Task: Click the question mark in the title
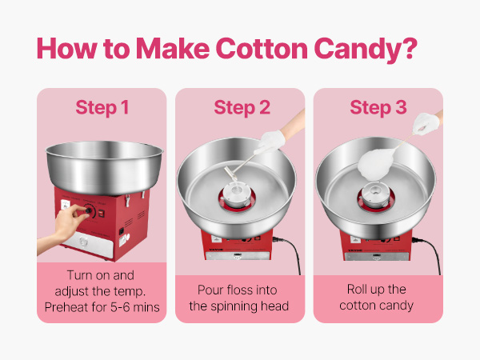click(x=409, y=48)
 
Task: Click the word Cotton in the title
click(x=262, y=48)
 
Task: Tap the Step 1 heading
click(x=102, y=108)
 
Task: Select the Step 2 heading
click(x=242, y=108)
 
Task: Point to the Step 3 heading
click(x=378, y=108)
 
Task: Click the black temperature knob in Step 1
click(x=90, y=211)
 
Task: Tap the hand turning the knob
click(x=62, y=225)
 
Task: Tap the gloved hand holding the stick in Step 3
click(x=426, y=123)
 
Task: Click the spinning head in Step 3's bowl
click(x=375, y=195)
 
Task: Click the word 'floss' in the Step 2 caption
click(x=237, y=290)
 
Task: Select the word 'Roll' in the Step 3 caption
click(x=357, y=290)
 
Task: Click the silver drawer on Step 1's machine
click(x=87, y=243)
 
